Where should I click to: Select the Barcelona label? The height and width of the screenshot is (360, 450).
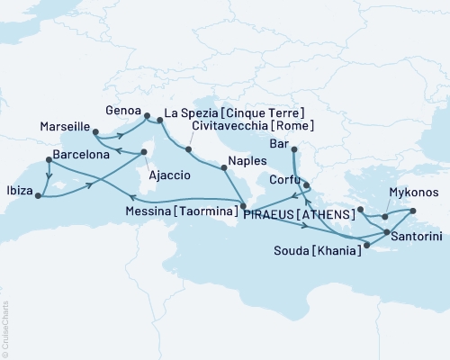pos(81,155)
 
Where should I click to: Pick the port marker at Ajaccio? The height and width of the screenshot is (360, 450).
pos(142,153)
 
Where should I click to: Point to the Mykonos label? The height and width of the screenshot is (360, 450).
pos(414,193)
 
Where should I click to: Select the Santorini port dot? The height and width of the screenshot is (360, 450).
pos(387,233)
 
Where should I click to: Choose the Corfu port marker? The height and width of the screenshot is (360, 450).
pos(307,187)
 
